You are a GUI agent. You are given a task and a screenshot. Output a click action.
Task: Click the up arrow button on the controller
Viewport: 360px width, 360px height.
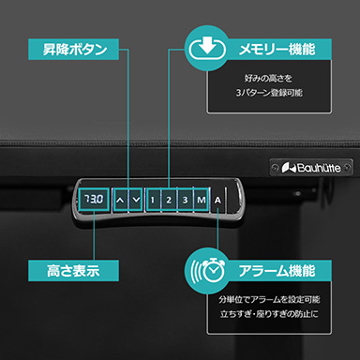120,200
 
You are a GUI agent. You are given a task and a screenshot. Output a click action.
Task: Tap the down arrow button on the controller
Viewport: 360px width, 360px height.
136,200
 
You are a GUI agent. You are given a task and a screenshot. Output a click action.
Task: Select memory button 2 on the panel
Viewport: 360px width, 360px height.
169,200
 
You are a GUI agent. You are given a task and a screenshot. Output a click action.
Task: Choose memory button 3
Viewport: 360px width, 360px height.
186,200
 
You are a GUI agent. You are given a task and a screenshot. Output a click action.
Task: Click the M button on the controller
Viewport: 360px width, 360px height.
202,200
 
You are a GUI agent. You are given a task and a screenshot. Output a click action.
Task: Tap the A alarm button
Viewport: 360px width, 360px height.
217,200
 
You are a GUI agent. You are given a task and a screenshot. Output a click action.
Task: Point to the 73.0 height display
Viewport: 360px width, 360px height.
94,199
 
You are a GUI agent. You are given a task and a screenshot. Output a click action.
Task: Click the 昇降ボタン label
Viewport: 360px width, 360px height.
75,50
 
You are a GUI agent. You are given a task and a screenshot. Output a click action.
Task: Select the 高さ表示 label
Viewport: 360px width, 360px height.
73,271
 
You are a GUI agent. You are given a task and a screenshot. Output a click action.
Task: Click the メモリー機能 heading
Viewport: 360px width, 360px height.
277,50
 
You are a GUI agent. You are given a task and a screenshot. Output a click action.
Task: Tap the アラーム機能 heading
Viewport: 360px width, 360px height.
277,271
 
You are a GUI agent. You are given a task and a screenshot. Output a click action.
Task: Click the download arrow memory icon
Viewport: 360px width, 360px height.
207,48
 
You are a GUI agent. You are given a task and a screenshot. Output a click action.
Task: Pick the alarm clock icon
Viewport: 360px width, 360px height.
209,269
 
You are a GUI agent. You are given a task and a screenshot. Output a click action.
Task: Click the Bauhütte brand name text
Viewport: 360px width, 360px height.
319,168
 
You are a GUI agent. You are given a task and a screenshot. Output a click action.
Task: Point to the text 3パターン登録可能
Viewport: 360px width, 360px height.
269,93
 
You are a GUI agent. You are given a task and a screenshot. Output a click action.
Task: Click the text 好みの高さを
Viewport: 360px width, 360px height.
268,78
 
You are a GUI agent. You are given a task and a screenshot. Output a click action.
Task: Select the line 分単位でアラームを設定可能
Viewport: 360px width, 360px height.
269,299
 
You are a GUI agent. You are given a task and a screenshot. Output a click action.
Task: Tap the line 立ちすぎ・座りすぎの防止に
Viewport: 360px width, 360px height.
269,314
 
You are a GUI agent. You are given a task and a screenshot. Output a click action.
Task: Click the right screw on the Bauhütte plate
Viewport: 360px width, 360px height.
347,168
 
